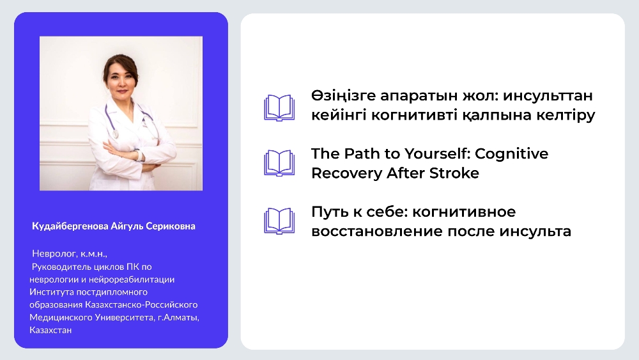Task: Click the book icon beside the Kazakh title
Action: (x=279, y=108)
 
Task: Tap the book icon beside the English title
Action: (x=279, y=163)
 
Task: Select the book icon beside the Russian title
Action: (x=279, y=221)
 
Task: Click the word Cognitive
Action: (x=511, y=153)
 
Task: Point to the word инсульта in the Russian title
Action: (x=535, y=231)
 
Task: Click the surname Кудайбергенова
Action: (x=70, y=226)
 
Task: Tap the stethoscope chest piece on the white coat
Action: (x=116, y=134)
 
